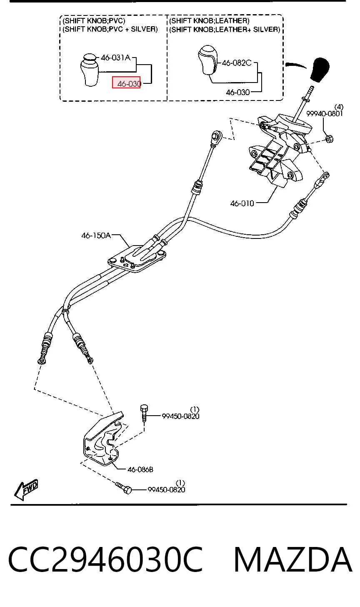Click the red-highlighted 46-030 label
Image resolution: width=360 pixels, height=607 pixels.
pyautogui.click(x=126, y=83)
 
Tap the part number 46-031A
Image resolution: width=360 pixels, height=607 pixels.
pyautogui.click(x=116, y=58)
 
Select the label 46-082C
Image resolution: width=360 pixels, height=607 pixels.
pyautogui.click(x=237, y=63)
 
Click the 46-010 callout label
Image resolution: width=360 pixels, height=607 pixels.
pyautogui.click(x=242, y=203)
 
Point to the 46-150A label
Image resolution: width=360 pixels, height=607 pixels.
pyautogui.click(x=96, y=236)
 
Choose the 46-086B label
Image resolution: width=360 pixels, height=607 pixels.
pyautogui.click(x=140, y=469)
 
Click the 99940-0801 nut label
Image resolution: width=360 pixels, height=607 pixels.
pyautogui.click(x=325, y=113)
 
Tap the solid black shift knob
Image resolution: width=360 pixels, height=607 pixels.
pyautogui.click(x=320, y=70)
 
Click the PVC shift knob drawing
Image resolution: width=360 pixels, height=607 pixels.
pyautogui.click(x=90, y=70)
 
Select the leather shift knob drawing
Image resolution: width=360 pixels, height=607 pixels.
pyautogui.click(x=208, y=60)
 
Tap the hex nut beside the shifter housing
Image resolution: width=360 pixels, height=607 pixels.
pyautogui.click(x=329, y=139)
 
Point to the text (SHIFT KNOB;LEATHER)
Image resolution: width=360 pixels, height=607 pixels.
pyautogui.click(x=209, y=20)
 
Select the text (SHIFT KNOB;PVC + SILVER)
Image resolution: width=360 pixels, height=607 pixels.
pyautogui.click(x=110, y=29)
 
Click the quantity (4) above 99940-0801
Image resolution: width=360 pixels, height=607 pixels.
pyautogui.click(x=339, y=107)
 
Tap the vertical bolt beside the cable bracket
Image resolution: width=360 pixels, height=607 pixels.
pyautogui.click(x=144, y=413)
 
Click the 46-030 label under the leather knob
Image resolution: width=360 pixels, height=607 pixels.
pyautogui.click(x=238, y=93)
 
